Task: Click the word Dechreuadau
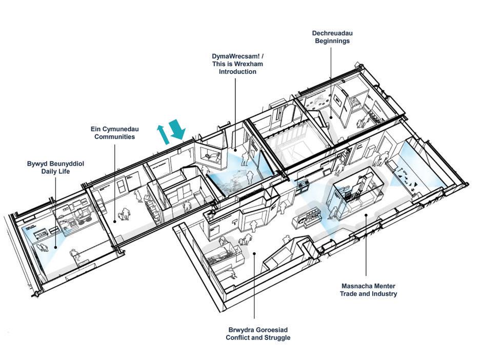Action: [332, 33]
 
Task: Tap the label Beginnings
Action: [332, 41]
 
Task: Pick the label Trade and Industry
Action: [368, 294]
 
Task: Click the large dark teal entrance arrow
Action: [177, 129]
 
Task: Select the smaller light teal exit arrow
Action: [164, 133]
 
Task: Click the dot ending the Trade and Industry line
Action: [366, 216]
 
